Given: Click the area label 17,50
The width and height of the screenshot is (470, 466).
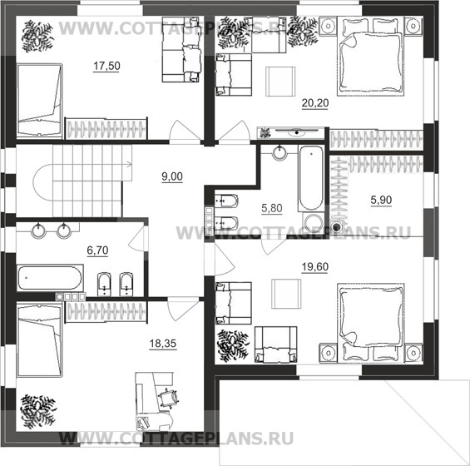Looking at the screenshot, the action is coord(106,66).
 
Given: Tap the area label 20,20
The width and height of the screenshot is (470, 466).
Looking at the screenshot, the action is coord(315,103).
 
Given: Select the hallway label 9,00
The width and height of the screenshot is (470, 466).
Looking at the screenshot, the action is coord(172,176).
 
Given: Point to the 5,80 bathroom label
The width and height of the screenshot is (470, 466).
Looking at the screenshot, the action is coord(272,208).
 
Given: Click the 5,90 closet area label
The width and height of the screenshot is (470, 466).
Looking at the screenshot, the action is coord(381,200).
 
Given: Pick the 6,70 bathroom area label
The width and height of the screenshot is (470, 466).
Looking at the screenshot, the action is coord(97,250).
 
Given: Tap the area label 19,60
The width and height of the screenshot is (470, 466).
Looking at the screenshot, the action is coord(315,266).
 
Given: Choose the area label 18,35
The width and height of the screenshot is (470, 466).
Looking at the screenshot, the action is coord(163,343).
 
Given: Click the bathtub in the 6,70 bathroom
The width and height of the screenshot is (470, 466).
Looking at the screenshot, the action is coord(50,278).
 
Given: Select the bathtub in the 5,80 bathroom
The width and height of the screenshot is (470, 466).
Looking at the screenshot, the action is coord(311,178).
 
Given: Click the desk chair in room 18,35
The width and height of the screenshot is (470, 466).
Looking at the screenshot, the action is coord(168,398).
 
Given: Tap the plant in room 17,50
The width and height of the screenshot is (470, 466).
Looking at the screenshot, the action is coord(37,36).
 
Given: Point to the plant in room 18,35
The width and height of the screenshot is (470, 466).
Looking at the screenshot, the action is coord(37,411).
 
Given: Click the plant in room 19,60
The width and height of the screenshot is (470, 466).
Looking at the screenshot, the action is coord(234,346).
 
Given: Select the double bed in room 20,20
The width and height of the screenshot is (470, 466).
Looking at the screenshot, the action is coord(371,56).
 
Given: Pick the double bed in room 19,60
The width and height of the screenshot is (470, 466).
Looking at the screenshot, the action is coord(371,323).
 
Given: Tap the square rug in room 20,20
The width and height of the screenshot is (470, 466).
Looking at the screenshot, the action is coord(280,82).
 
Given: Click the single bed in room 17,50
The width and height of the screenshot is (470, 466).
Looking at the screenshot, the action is coord(40,101).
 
